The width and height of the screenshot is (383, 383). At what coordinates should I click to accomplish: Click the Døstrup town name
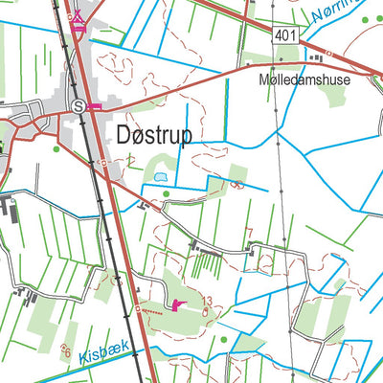(153, 134)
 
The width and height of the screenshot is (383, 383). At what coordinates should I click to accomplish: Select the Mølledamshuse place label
(304, 81)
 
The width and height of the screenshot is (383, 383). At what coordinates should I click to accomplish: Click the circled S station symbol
(78, 106)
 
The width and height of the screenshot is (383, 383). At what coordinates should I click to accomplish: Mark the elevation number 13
(206, 301)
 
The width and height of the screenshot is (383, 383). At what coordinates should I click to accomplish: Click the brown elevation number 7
(249, 233)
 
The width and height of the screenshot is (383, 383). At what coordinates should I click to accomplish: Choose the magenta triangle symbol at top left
(79, 19)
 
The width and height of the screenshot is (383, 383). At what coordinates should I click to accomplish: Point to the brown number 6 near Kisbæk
(66, 350)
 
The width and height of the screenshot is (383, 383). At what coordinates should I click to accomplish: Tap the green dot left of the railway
(56, 148)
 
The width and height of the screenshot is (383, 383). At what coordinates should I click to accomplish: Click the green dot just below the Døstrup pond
(167, 194)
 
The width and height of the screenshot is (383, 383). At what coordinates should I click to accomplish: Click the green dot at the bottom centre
(224, 339)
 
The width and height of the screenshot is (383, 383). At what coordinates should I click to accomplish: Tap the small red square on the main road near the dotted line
(137, 308)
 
